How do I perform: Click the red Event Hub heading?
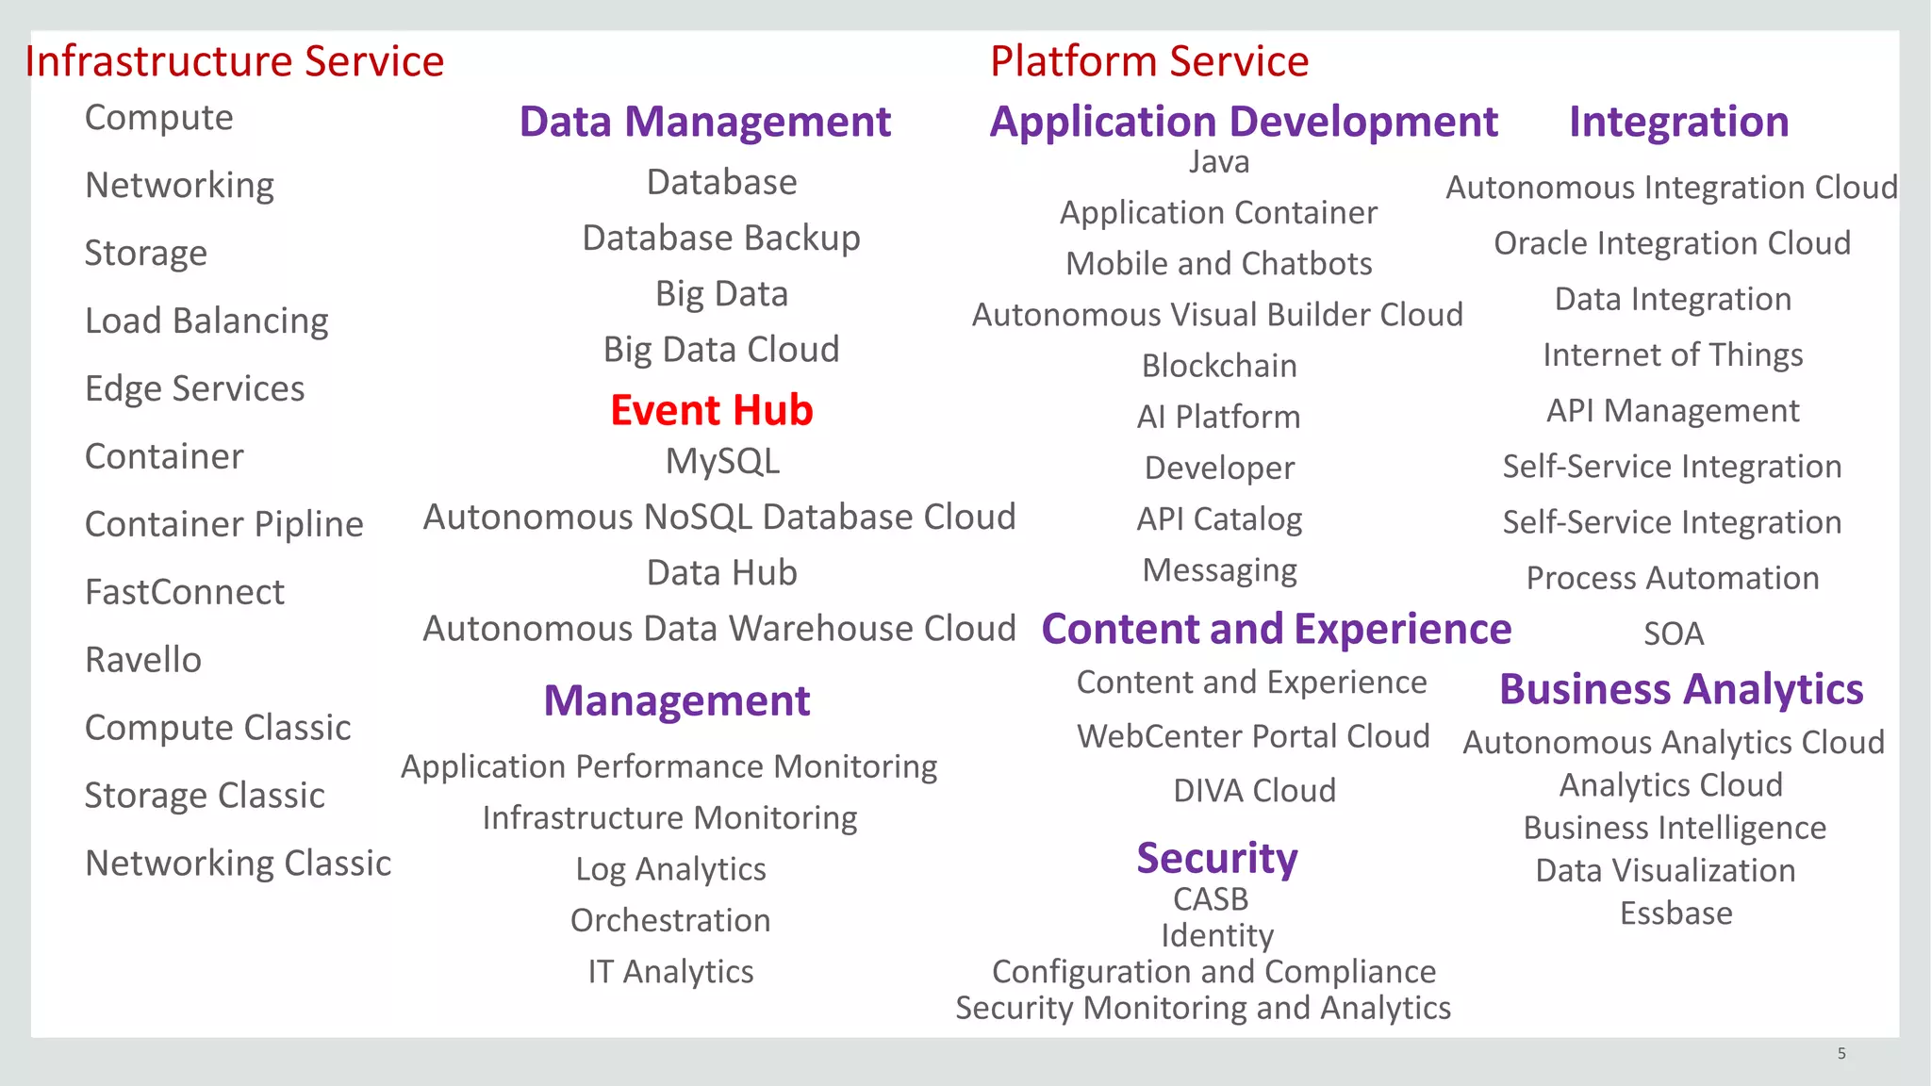[x=711, y=410]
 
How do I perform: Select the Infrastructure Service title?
[x=234, y=61]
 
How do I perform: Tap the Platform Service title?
[x=1148, y=61]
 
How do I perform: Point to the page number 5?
[x=1840, y=1053]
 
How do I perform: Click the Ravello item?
[x=143, y=660]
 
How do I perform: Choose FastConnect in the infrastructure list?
[x=185, y=592]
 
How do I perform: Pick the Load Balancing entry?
[x=206, y=321]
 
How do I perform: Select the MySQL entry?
[x=722, y=462]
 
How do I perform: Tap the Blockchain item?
[x=1219, y=366]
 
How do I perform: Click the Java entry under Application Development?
[x=1219, y=162]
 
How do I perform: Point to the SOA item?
[x=1674, y=633]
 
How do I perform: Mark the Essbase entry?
[x=1675, y=913]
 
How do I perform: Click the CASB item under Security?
[x=1211, y=899]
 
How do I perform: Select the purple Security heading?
[x=1216, y=858]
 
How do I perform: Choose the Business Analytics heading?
[x=1681, y=689]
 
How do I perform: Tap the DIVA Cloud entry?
[x=1254, y=790]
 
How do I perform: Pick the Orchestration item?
[x=670, y=920]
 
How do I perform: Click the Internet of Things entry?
[x=1673, y=355]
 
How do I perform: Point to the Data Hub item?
[x=722, y=573]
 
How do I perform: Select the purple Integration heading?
[x=1678, y=122]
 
